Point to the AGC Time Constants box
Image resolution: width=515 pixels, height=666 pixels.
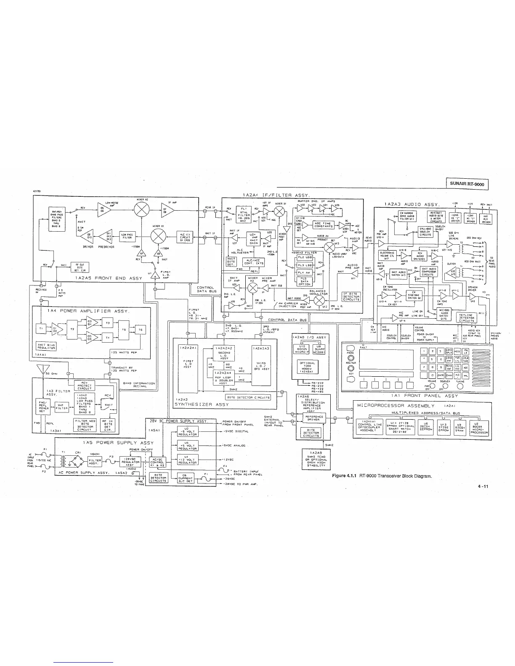pos(324,225)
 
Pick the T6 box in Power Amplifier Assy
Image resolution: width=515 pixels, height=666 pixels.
pos(141,330)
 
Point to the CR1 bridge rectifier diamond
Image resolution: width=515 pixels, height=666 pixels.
pos(78,461)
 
